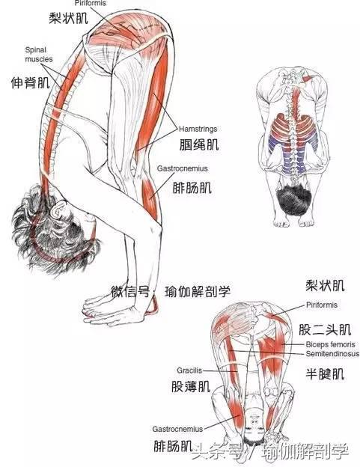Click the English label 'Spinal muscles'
pos(39,55)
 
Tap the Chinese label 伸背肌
pos(31,82)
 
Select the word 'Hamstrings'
pos(198,129)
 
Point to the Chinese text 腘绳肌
pos(199,144)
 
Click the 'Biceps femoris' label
pos(330,344)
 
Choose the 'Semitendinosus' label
pos(332,354)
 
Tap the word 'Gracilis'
pos(189,370)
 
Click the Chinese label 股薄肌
pos(191,386)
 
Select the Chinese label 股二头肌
pos(325,330)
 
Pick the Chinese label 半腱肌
pos(325,373)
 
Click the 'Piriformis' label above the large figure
pos(91,3)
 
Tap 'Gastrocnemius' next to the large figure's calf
pos(182,168)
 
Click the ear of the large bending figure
pos(59,210)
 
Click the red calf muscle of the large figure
pos(150,195)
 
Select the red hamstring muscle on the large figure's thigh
pos(153,98)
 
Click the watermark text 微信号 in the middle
pos(130,291)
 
